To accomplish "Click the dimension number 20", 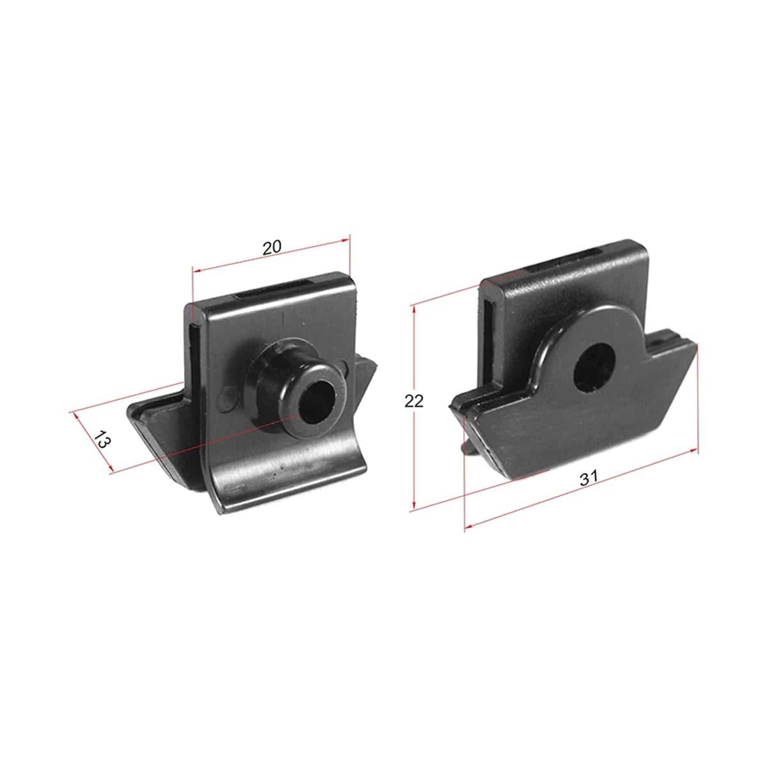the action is (x=272, y=247).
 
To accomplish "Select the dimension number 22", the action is (x=414, y=401).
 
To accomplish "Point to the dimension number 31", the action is (x=589, y=477).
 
